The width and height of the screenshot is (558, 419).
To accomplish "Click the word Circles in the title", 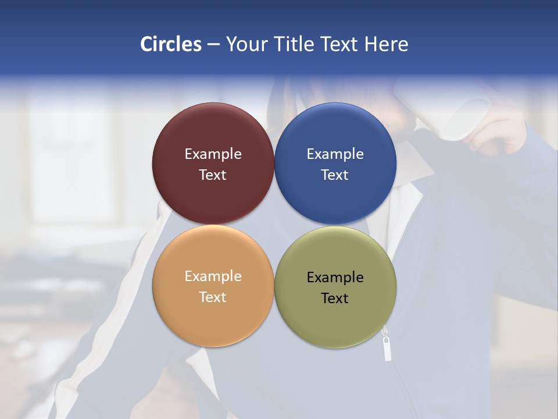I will coord(171,44).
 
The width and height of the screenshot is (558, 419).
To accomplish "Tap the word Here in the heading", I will coord(386,44).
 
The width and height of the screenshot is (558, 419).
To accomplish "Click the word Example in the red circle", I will coord(213,154).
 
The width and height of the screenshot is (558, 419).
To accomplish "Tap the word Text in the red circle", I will coord(213,175).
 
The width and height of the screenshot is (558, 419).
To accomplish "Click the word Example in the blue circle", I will coord(335,154).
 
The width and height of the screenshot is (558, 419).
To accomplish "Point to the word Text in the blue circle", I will coord(335,175).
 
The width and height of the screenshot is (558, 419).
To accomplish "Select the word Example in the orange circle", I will coord(213,276).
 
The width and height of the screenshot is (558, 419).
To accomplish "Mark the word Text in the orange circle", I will coord(213,297).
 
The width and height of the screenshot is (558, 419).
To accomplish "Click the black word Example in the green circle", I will coord(335,278).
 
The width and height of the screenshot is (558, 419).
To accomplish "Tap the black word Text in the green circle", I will coord(335,299).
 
